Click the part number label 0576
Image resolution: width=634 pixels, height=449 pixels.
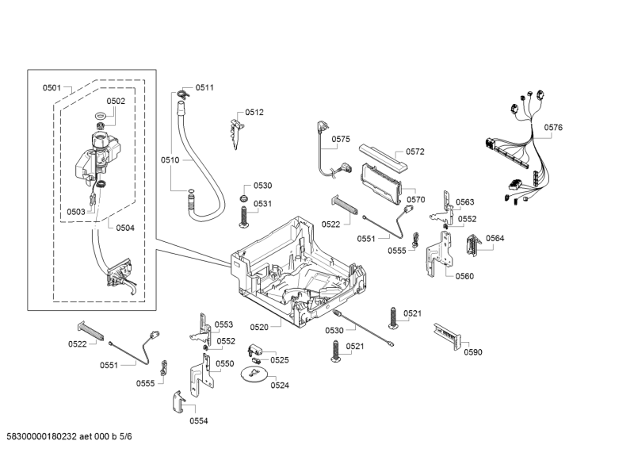click(x=553, y=127)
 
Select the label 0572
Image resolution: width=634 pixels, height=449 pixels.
click(x=415, y=152)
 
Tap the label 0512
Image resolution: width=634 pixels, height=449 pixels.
click(x=254, y=113)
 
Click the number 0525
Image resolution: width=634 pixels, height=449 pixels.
click(x=279, y=359)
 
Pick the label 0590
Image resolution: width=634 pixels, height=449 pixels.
click(x=472, y=352)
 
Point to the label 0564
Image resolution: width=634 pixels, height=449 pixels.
click(x=495, y=239)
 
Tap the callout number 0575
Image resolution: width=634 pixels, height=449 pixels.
click(x=341, y=140)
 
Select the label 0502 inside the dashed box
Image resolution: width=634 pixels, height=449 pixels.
click(x=116, y=101)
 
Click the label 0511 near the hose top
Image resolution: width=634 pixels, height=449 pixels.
click(x=204, y=87)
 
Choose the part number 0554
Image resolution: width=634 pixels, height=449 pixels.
click(x=198, y=420)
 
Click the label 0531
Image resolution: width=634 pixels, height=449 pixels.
click(x=262, y=204)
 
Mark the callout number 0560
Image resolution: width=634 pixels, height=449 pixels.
click(x=464, y=276)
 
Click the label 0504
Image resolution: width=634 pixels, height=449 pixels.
click(x=125, y=228)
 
